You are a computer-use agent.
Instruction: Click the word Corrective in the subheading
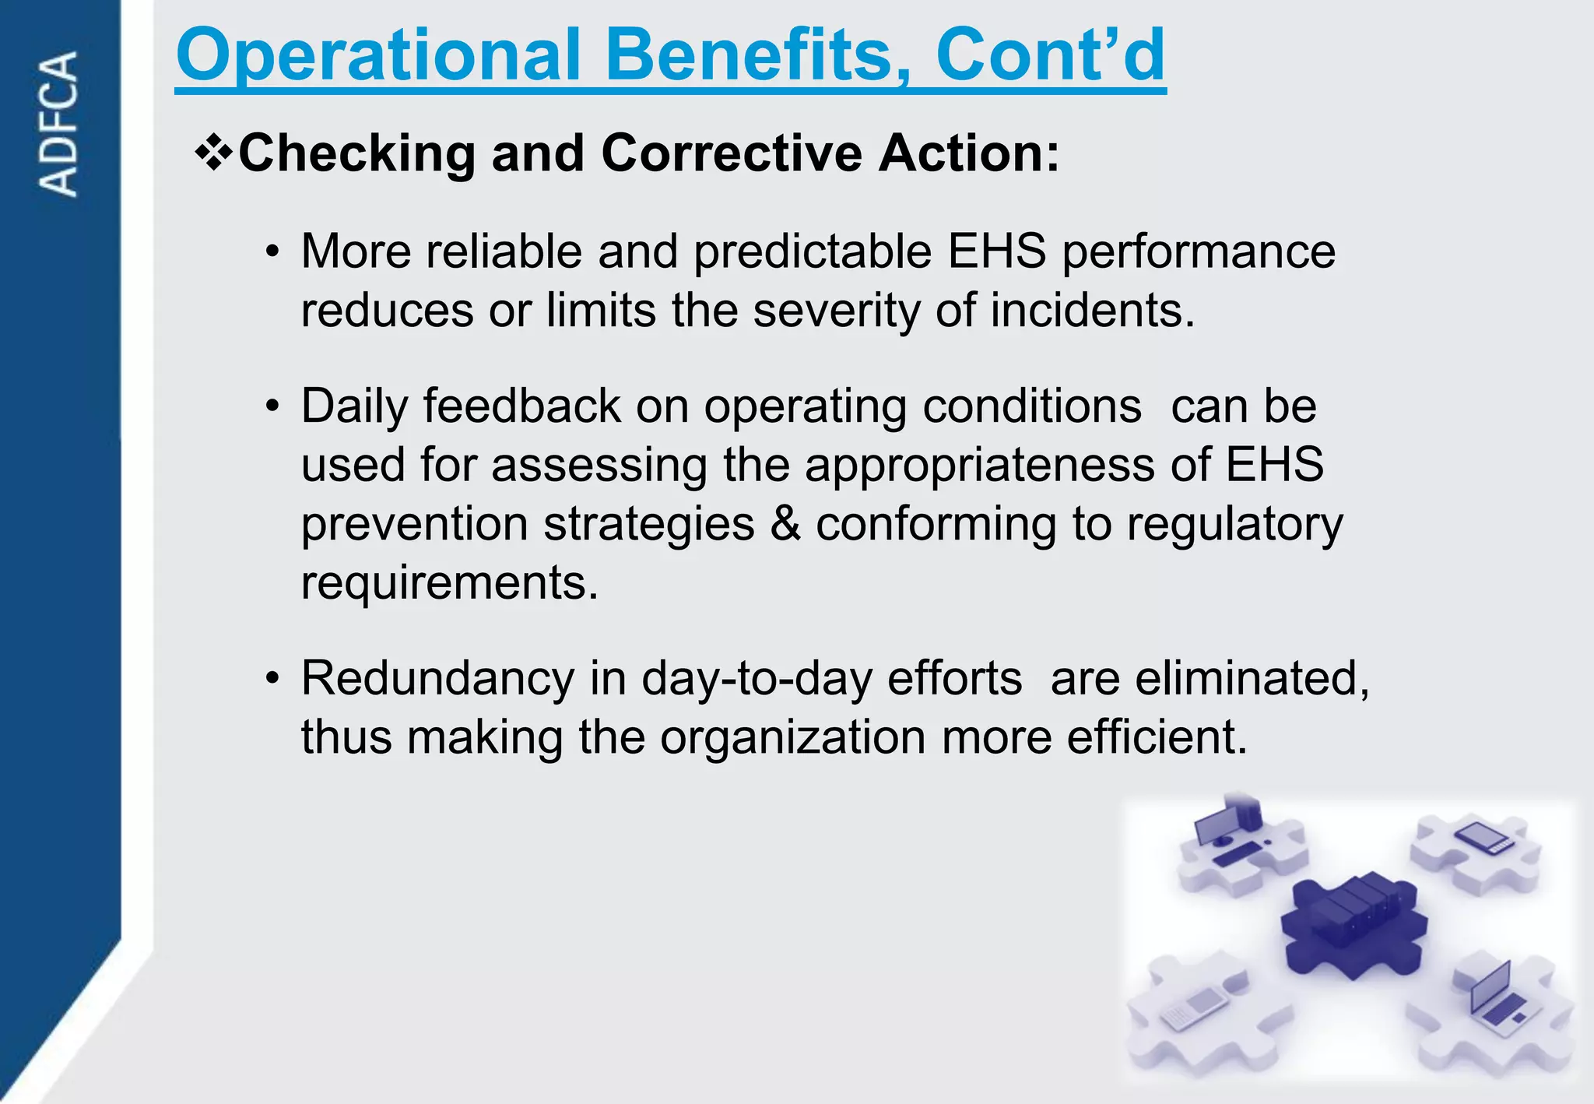click(x=732, y=153)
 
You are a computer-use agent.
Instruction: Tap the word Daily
click(x=354, y=407)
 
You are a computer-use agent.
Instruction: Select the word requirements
click(x=449, y=582)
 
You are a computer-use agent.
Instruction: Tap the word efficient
click(x=1157, y=737)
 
